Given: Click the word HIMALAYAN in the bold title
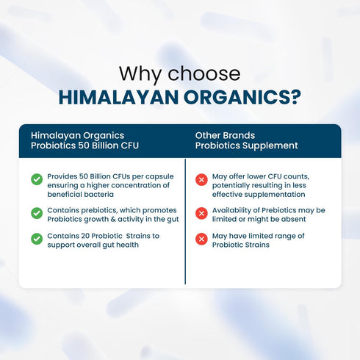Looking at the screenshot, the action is click(118, 98).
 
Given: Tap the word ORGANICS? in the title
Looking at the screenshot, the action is click(242, 98).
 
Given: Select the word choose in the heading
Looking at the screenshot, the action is click(204, 73).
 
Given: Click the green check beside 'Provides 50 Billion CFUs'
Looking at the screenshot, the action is click(37, 179).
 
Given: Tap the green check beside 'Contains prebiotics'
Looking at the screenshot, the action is click(37, 213).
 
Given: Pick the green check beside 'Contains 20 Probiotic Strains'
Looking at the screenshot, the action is click(37, 239).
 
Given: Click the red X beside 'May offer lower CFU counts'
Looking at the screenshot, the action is click(201, 180).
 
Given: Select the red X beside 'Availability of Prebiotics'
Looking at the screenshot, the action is click(201, 213).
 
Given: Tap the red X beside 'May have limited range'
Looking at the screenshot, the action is click(201, 239).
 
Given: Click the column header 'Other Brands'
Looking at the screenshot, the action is click(225, 135).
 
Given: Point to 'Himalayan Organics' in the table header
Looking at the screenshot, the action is click(77, 136).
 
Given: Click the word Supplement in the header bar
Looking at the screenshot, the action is click(270, 145).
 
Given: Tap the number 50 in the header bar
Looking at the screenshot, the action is click(84, 145).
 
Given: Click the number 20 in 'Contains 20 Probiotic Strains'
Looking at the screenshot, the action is click(85, 236).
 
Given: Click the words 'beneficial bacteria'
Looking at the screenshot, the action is click(81, 195).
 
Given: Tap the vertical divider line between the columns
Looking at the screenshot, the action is click(185, 221).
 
